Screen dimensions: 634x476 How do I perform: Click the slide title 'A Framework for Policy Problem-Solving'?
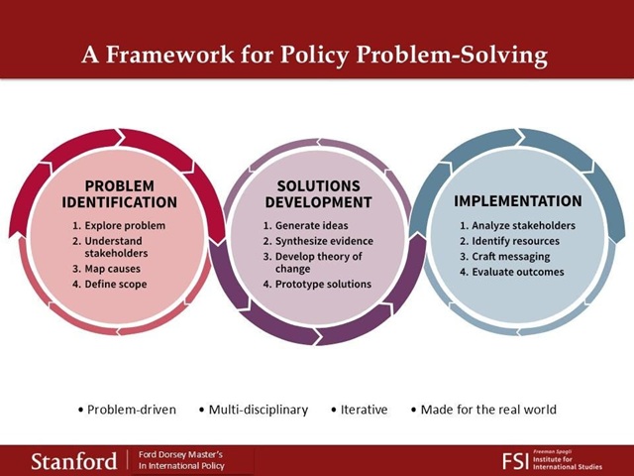[x=315, y=55]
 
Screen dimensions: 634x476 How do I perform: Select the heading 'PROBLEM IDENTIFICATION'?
[x=119, y=194]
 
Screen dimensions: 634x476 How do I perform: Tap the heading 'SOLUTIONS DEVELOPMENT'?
[x=319, y=194]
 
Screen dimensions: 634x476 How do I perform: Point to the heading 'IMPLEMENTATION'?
[x=518, y=201]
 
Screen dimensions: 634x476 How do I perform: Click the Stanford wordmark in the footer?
[x=74, y=462]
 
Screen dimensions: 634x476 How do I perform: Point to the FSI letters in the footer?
[x=515, y=461]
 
